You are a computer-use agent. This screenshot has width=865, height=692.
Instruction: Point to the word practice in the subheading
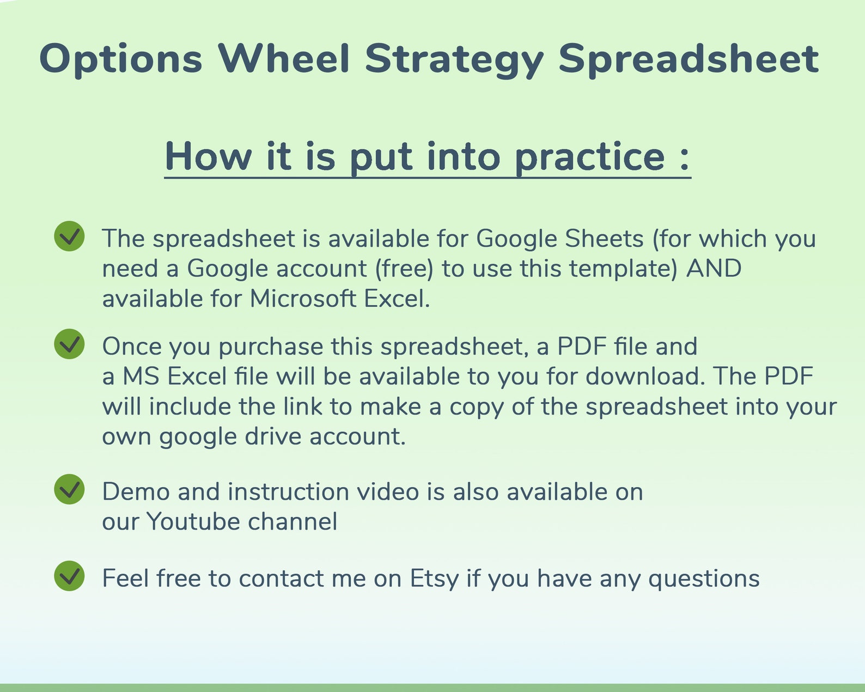[589, 158]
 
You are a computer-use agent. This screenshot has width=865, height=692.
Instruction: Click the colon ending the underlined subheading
[685, 158]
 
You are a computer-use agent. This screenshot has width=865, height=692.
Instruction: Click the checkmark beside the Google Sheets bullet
[69, 236]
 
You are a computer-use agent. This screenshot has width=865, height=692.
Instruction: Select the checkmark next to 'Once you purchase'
[69, 344]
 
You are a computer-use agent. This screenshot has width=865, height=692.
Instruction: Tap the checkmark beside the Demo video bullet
[69, 489]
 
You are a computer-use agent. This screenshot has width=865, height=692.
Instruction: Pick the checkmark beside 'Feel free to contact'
[69, 575]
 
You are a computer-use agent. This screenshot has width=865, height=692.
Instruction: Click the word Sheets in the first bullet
[604, 239]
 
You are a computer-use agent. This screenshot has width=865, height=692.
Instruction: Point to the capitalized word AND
[714, 269]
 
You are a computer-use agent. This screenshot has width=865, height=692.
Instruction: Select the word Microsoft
[303, 299]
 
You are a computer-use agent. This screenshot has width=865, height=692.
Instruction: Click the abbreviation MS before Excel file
[141, 377]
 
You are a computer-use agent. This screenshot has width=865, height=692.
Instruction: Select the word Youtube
[193, 521]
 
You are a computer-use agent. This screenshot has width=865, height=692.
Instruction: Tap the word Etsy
[434, 579]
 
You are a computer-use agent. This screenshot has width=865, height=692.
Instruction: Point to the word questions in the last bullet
[704, 579]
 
